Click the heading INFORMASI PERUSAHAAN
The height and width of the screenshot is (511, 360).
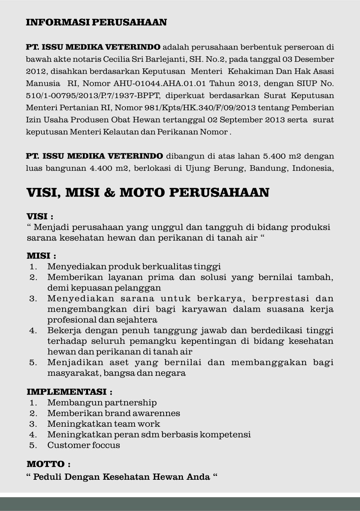[x=96, y=22]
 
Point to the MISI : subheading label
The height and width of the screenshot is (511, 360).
[x=41, y=255]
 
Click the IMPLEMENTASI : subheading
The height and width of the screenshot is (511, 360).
[x=69, y=392]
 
